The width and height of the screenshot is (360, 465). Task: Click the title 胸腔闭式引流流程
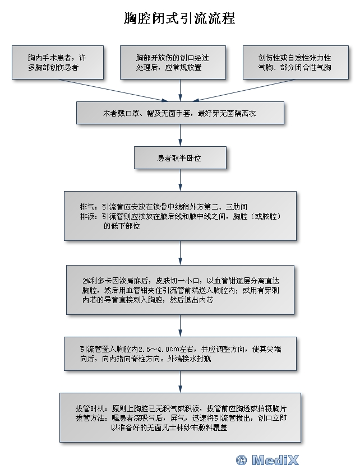[x=179, y=19]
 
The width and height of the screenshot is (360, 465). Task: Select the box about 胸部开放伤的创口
[x=180, y=62]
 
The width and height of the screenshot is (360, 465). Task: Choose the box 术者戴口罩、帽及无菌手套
[x=180, y=113]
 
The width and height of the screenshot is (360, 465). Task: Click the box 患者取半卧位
[x=180, y=159]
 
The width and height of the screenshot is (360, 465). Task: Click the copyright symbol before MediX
[x=242, y=459]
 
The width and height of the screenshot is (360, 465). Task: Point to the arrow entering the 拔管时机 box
[x=180, y=382]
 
